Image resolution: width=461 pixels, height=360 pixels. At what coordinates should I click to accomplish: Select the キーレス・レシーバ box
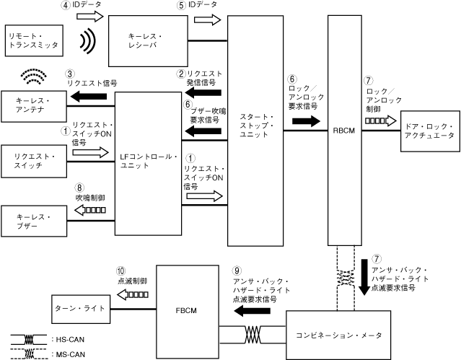pyautogui.click(x=149, y=40)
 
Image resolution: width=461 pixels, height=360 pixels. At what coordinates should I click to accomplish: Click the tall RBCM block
pyautogui.click(x=343, y=131)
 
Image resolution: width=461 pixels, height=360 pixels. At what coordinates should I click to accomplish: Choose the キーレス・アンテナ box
pyautogui.click(x=34, y=105)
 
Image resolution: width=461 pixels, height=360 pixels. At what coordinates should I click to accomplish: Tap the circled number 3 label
pyautogui.click(x=69, y=73)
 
